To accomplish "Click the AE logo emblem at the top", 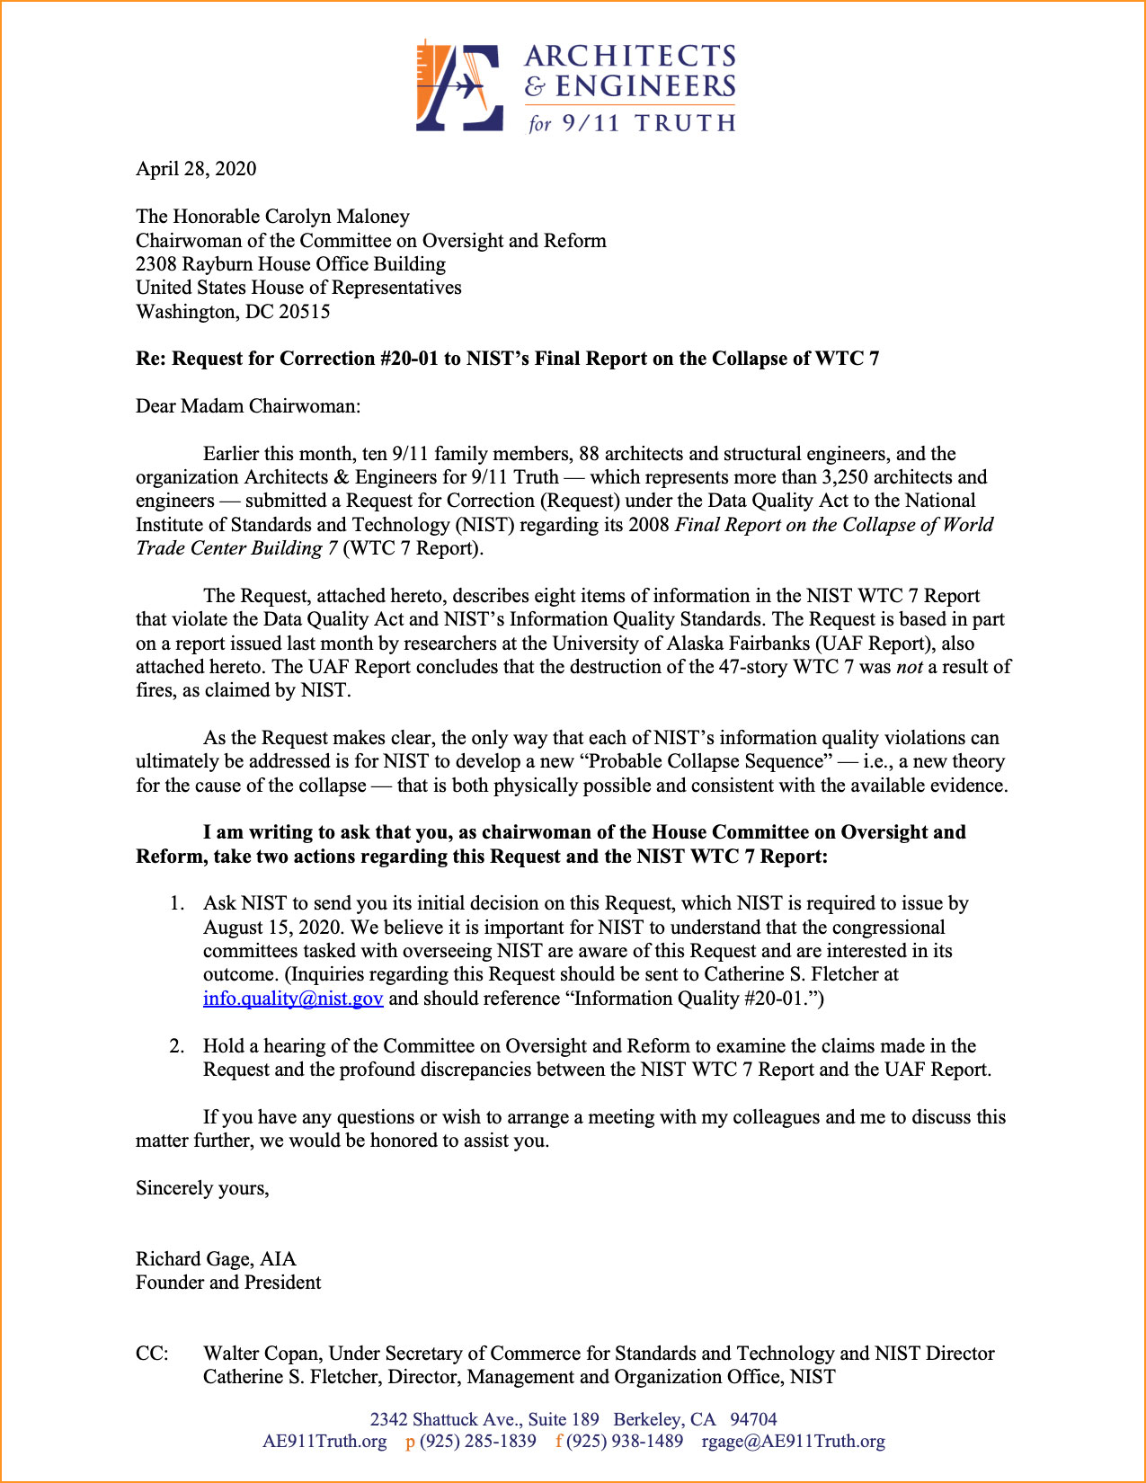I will point(459,86).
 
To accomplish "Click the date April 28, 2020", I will point(196,169).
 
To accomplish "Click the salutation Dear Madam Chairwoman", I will point(247,406).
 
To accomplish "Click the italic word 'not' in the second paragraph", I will point(910,667).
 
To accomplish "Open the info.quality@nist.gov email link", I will point(293,999).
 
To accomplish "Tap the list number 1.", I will point(177,903).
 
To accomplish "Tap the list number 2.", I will point(177,1046).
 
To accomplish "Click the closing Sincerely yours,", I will point(202,1188).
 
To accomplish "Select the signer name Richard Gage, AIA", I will point(216,1259).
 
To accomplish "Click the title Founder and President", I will point(228,1283).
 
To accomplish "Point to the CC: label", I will point(152,1354).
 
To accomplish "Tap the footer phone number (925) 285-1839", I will point(477,1442).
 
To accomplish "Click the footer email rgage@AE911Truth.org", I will point(793,1442).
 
